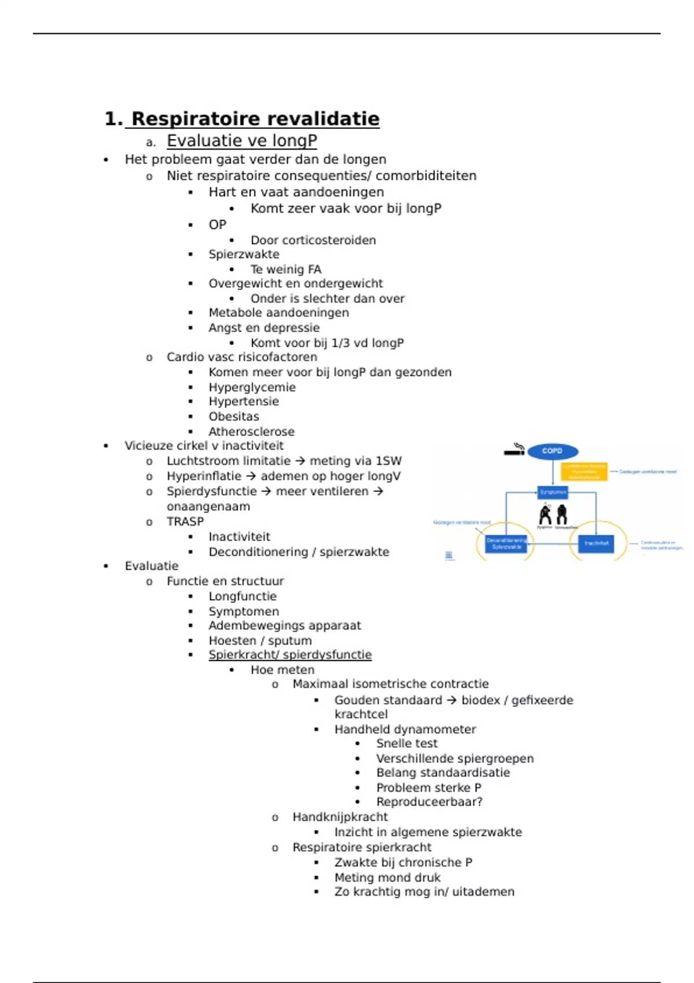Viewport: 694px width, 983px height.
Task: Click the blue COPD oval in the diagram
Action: coord(552,451)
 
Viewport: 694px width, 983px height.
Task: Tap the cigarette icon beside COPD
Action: coord(514,450)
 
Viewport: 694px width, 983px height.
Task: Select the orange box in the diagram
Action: coord(584,471)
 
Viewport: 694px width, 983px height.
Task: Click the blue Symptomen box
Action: coord(553,492)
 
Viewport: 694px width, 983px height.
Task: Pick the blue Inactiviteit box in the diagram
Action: coord(596,543)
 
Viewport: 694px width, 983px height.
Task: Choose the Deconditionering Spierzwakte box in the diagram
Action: coord(506,544)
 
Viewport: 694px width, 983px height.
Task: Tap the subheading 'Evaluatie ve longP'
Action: coord(242,141)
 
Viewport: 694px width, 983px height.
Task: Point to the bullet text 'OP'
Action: coord(217,224)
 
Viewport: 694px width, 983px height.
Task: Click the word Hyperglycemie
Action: coord(252,387)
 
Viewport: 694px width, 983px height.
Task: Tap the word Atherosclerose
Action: coord(252,431)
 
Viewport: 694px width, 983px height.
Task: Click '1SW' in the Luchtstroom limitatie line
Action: coord(388,461)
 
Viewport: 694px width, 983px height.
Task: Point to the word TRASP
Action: coord(185,522)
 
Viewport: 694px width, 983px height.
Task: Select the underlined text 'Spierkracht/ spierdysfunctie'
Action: coord(290,655)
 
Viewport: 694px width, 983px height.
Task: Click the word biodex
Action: coord(481,700)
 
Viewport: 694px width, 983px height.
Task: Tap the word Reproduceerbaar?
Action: coord(429,802)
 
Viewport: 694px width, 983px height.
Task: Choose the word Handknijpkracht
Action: coord(340,817)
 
